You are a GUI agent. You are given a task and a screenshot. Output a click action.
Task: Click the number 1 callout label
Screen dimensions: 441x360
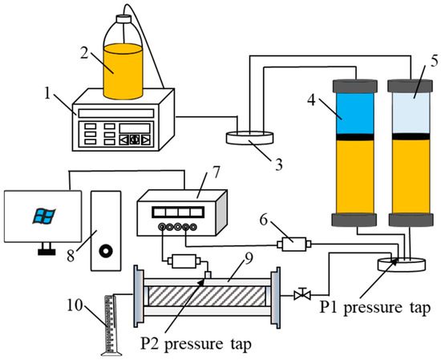pos(47,94)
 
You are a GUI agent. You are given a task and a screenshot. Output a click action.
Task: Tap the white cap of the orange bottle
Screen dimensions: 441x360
pos(123,19)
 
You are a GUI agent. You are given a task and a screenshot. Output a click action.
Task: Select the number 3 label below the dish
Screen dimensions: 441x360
pos(278,165)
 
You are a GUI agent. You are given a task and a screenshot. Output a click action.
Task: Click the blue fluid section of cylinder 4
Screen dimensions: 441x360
pos(355,113)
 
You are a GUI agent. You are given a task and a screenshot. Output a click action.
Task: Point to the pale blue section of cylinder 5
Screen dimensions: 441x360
pos(411,112)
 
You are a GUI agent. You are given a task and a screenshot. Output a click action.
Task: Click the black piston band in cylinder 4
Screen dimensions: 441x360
pos(355,137)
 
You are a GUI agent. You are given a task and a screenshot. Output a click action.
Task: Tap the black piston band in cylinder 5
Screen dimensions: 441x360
pos(411,136)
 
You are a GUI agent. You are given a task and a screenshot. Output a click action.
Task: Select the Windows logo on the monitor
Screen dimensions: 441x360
pos(44,216)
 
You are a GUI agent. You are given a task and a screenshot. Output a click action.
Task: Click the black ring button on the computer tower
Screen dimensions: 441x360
pos(107,250)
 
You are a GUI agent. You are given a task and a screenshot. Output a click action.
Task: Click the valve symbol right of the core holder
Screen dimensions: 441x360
pos(302,294)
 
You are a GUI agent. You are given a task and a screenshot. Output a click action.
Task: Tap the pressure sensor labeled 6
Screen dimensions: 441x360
pos(294,244)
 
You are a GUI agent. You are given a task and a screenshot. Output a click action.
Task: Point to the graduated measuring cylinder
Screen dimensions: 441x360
pos(111,325)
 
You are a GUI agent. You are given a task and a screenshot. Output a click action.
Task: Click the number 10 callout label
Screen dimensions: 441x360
pos(75,305)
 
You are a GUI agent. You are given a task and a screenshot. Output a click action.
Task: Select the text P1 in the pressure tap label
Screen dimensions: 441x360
pos(329,307)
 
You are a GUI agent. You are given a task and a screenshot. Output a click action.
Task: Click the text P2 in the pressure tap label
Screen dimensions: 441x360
pos(150,344)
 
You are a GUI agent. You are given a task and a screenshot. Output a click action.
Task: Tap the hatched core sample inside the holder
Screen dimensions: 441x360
pos(207,296)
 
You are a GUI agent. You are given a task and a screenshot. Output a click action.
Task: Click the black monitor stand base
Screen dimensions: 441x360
pos(47,252)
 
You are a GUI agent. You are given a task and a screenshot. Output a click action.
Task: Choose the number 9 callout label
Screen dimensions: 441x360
pos(249,259)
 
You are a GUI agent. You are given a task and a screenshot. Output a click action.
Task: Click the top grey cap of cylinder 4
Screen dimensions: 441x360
pos(355,86)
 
